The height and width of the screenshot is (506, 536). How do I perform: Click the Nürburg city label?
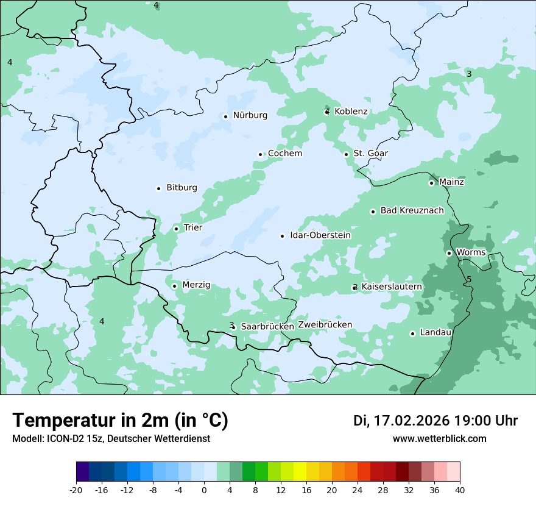250,115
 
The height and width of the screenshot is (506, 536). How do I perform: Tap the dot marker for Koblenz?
327,112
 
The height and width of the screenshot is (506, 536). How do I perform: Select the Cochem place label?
285,154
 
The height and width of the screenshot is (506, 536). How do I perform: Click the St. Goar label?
370,154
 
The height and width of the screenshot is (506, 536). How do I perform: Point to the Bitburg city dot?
158,188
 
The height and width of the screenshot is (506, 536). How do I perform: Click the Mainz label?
451,182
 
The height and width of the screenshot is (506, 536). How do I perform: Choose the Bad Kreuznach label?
412,211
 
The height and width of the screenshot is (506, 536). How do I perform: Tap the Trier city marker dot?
176,229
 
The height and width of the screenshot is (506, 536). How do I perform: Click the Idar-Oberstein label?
320,235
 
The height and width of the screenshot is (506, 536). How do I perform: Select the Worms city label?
471,252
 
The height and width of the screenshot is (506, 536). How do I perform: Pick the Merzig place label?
196,285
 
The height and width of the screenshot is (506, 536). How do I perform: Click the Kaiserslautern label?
392,287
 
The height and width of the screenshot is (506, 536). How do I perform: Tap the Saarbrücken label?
267,327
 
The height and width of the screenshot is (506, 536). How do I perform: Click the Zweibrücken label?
325,325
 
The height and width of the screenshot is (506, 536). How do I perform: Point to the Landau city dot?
412,333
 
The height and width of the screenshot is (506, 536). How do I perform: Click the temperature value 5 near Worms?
469,279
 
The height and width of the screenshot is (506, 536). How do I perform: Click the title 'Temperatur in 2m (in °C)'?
121,420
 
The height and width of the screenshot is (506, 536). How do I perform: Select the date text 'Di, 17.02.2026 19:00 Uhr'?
435,421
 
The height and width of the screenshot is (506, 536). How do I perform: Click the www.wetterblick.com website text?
439,439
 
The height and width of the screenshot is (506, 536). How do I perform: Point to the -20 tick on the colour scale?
76,490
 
